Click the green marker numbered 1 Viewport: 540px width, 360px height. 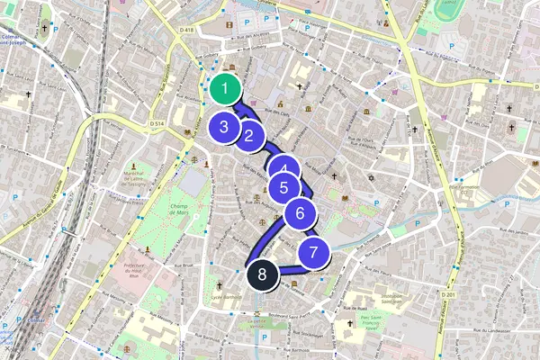coord(224,88)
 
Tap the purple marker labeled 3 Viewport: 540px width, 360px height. coord(223,128)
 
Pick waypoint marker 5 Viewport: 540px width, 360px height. coord(284,188)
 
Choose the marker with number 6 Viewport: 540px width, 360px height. coord(301,214)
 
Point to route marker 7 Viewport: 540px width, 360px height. coord(312,254)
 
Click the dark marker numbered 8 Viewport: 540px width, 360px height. coord(261,274)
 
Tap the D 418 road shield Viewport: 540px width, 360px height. coord(186,30)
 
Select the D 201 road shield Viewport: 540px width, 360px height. coord(450,294)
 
